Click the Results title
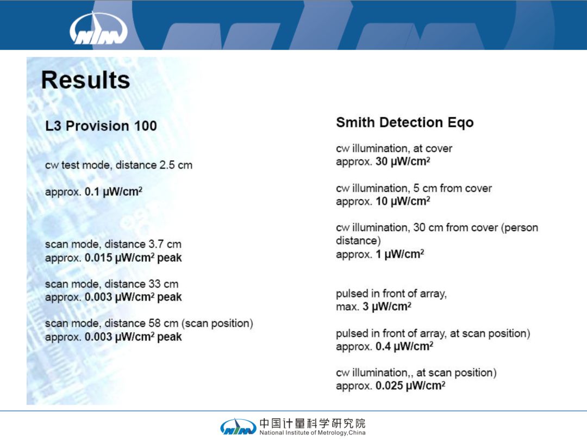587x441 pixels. [85, 80]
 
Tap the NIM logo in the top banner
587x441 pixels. [98, 28]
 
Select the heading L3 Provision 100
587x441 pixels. [101, 126]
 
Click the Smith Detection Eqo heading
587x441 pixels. [405, 122]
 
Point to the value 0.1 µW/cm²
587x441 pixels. [114, 192]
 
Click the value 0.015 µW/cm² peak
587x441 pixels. [133, 258]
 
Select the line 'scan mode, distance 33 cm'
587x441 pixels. [111, 284]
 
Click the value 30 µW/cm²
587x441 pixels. [403, 162]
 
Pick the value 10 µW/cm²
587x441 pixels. [403, 201]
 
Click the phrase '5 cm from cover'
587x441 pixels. [453, 188]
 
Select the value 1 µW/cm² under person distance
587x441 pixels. [400, 254]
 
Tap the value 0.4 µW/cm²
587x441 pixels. [404, 346]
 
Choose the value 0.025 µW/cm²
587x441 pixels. [410, 386]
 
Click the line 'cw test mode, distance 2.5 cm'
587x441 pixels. [118, 165]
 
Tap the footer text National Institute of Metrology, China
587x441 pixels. [312, 433]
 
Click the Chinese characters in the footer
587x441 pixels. [312, 424]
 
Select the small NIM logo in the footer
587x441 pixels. [239, 427]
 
